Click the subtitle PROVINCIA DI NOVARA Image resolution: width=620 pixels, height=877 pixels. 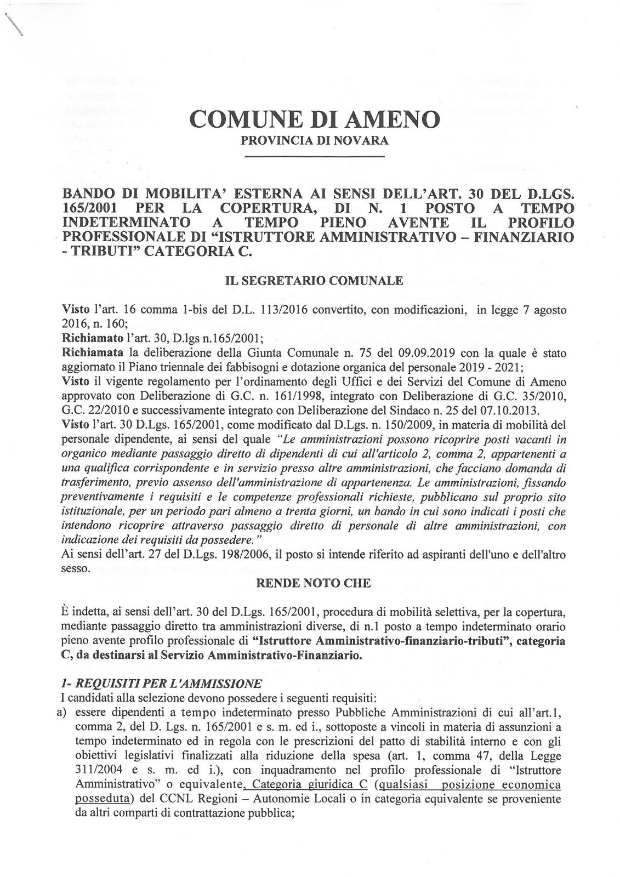pyautogui.click(x=315, y=140)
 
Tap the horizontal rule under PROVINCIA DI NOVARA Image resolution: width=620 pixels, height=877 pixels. pyautogui.click(x=315, y=157)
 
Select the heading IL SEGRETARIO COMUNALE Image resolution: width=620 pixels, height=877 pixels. pyautogui.click(x=315, y=281)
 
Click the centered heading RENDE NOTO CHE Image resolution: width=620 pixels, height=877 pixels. pyautogui.click(x=314, y=583)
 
